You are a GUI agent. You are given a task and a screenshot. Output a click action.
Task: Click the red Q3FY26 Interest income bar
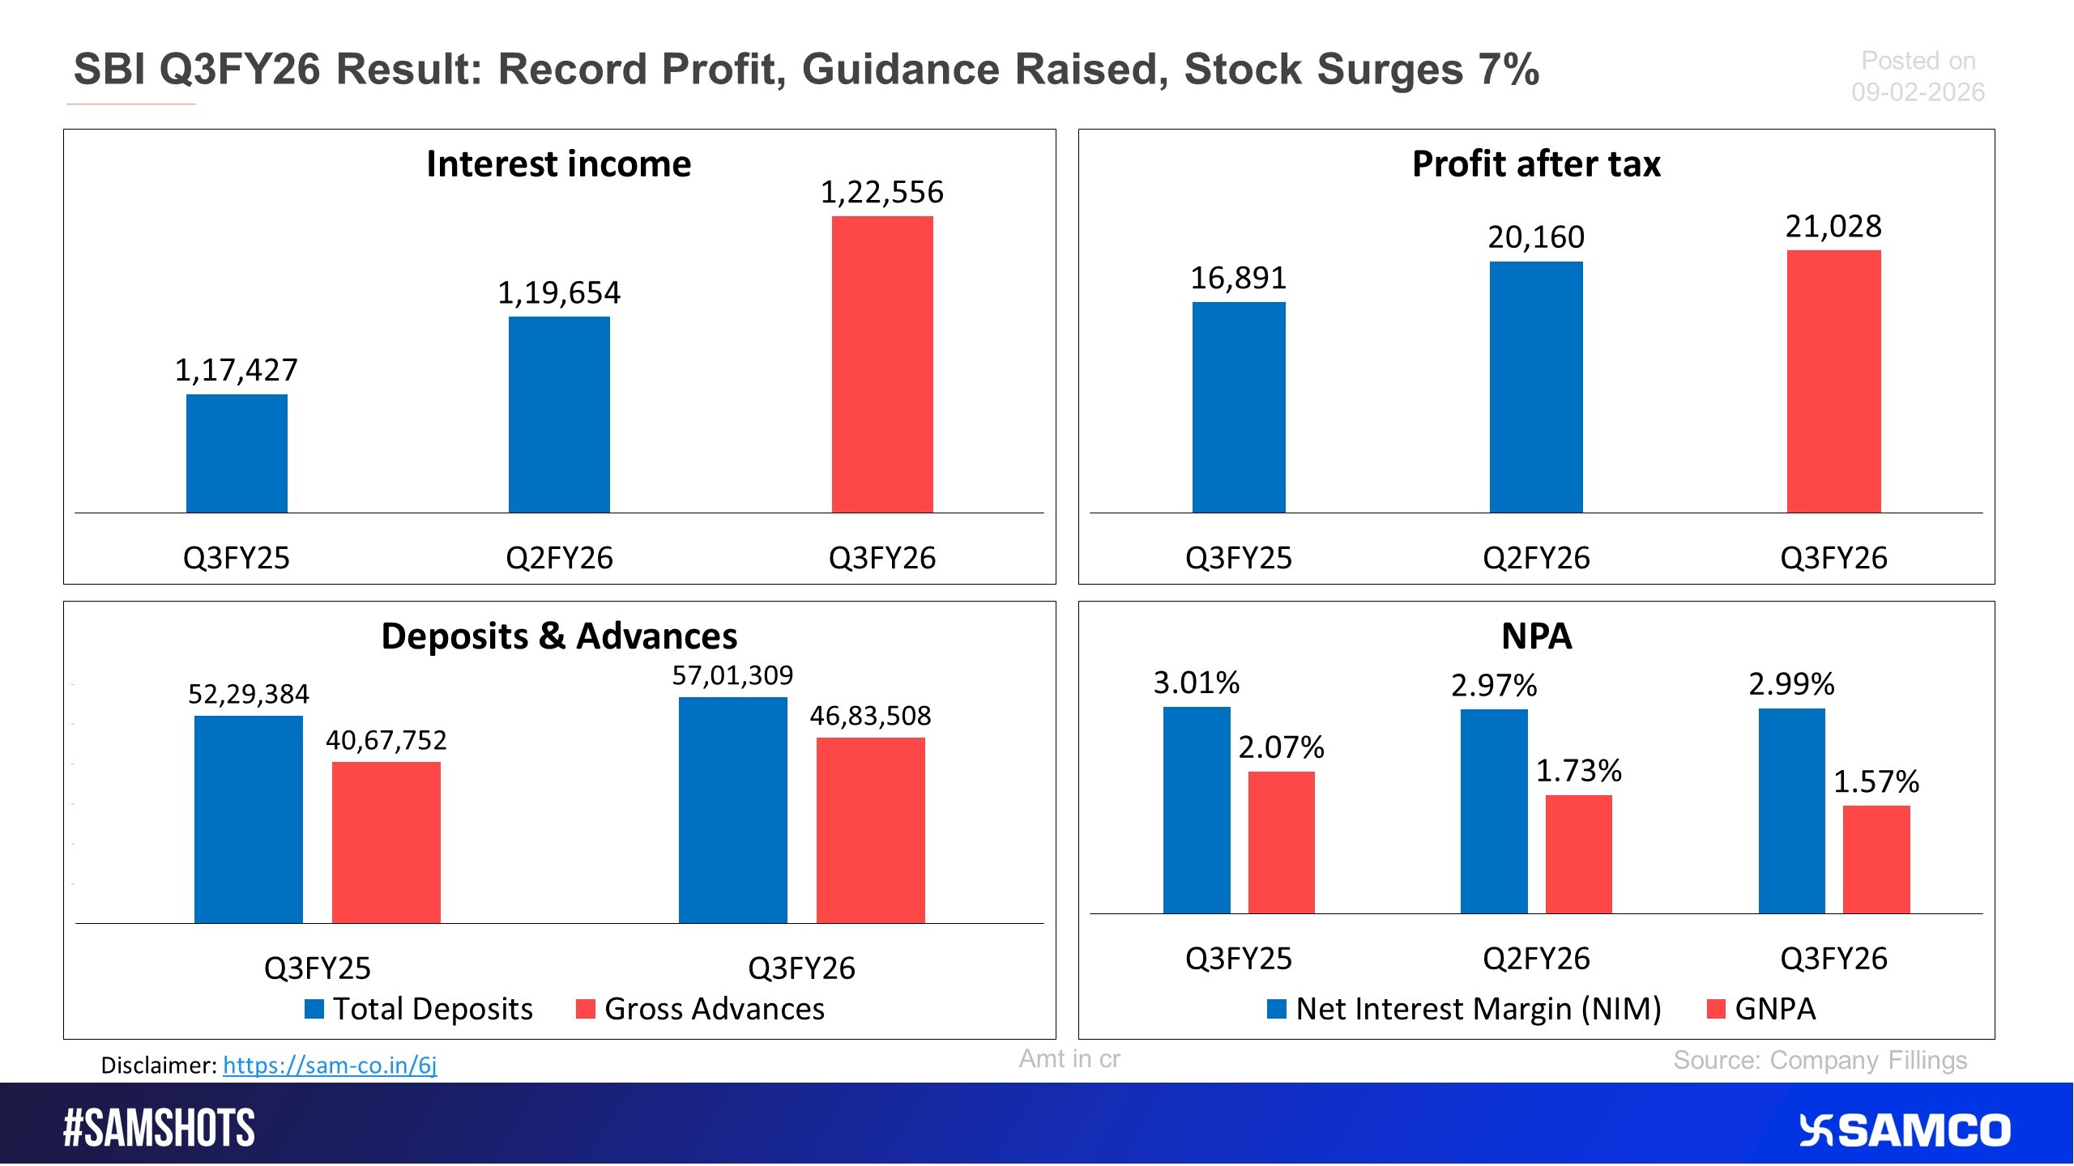click(x=882, y=364)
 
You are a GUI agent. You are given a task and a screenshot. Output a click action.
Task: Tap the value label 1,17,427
click(x=237, y=370)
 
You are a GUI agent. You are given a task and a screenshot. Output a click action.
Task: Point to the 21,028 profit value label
click(x=1833, y=226)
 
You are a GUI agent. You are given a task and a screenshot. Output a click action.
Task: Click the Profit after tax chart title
click(x=1536, y=164)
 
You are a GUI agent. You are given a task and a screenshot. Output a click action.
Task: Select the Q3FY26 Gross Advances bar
click(x=870, y=830)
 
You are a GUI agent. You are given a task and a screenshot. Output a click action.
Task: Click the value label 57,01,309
click(x=732, y=675)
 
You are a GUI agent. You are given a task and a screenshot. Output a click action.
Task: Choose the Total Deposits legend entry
click(x=419, y=1009)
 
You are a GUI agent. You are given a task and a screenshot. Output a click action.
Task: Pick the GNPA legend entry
click(x=1761, y=1009)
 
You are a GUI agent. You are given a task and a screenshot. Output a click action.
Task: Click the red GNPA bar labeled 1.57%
click(x=1876, y=859)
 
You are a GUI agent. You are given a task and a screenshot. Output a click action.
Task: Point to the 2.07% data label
click(x=1281, y=747)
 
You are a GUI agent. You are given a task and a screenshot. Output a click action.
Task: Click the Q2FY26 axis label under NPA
click(x=1536, y=959)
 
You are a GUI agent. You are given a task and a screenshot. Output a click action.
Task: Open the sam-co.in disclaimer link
click(x=330, y=1065)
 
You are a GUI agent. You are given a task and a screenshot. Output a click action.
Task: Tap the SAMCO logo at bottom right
click(x=1905, y=1130)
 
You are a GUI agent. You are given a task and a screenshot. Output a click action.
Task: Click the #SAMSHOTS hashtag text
click(x=159, y=1129)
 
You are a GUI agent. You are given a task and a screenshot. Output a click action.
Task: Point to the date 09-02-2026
click(x=1918, y=92)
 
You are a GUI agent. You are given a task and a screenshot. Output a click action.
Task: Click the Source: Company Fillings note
click(x=1820, y=1060)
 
